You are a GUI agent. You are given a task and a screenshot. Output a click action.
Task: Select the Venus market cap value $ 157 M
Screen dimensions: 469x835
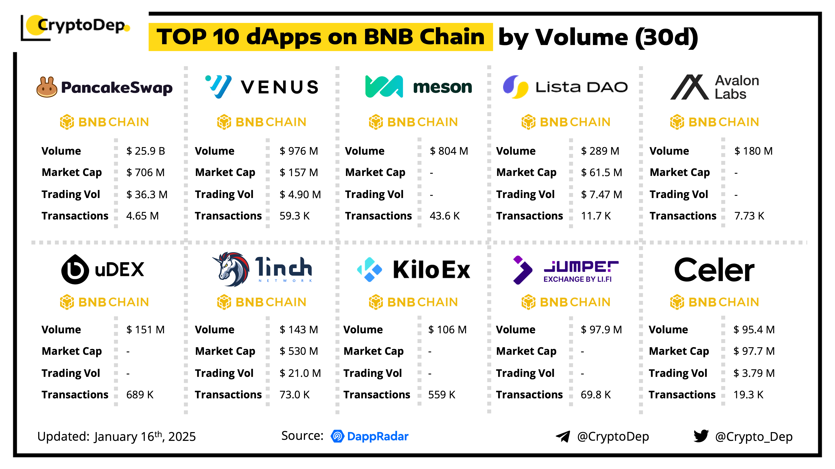point(299,173)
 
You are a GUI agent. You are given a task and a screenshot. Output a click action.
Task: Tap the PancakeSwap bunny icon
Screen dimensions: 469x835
point(47,87)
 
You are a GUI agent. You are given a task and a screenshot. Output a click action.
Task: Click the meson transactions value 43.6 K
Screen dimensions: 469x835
point(444,216)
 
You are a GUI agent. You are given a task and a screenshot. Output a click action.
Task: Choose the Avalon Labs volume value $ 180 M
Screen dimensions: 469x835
point(753,151)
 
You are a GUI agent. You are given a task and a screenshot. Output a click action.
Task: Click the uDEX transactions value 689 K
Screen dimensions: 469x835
point(140,395)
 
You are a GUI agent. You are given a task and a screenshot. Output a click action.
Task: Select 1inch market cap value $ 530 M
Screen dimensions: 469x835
point(299,351)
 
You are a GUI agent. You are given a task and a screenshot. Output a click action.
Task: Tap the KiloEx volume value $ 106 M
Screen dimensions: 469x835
point(447,330)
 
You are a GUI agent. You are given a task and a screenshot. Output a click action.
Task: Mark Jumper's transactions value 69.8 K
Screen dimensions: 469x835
point(595,395)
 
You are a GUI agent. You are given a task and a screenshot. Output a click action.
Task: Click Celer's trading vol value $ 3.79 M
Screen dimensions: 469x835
point(754,373)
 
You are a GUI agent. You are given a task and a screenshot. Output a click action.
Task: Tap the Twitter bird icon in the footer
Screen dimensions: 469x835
point(701,436)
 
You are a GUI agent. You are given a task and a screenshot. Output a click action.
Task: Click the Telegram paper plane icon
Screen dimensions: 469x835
point(563,436)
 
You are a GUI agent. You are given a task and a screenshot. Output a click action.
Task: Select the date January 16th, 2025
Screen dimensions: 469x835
point(145,436)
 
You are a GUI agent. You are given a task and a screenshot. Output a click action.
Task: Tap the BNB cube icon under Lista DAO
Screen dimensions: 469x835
point(528,122)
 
